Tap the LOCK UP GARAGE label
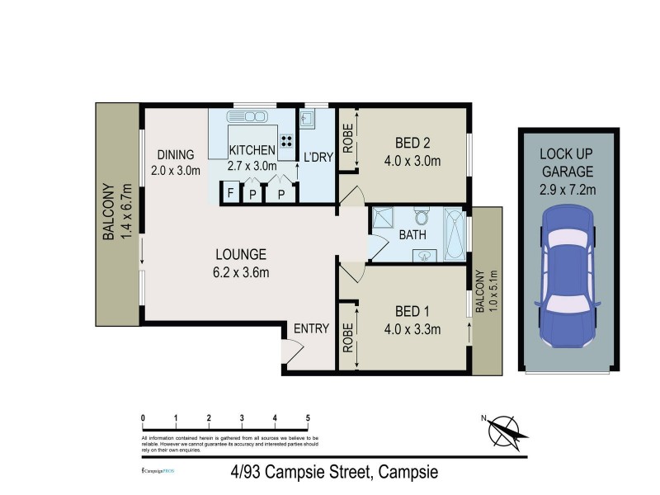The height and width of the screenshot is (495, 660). click(567, 163)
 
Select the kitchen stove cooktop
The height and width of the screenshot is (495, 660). click(288, 140)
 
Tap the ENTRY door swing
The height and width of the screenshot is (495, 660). click(289, 352)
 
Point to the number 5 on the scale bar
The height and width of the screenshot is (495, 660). click(308, 417)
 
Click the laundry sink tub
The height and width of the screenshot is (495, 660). click(307, 120)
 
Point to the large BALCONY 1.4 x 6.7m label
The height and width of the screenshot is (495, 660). click(118, 212)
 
